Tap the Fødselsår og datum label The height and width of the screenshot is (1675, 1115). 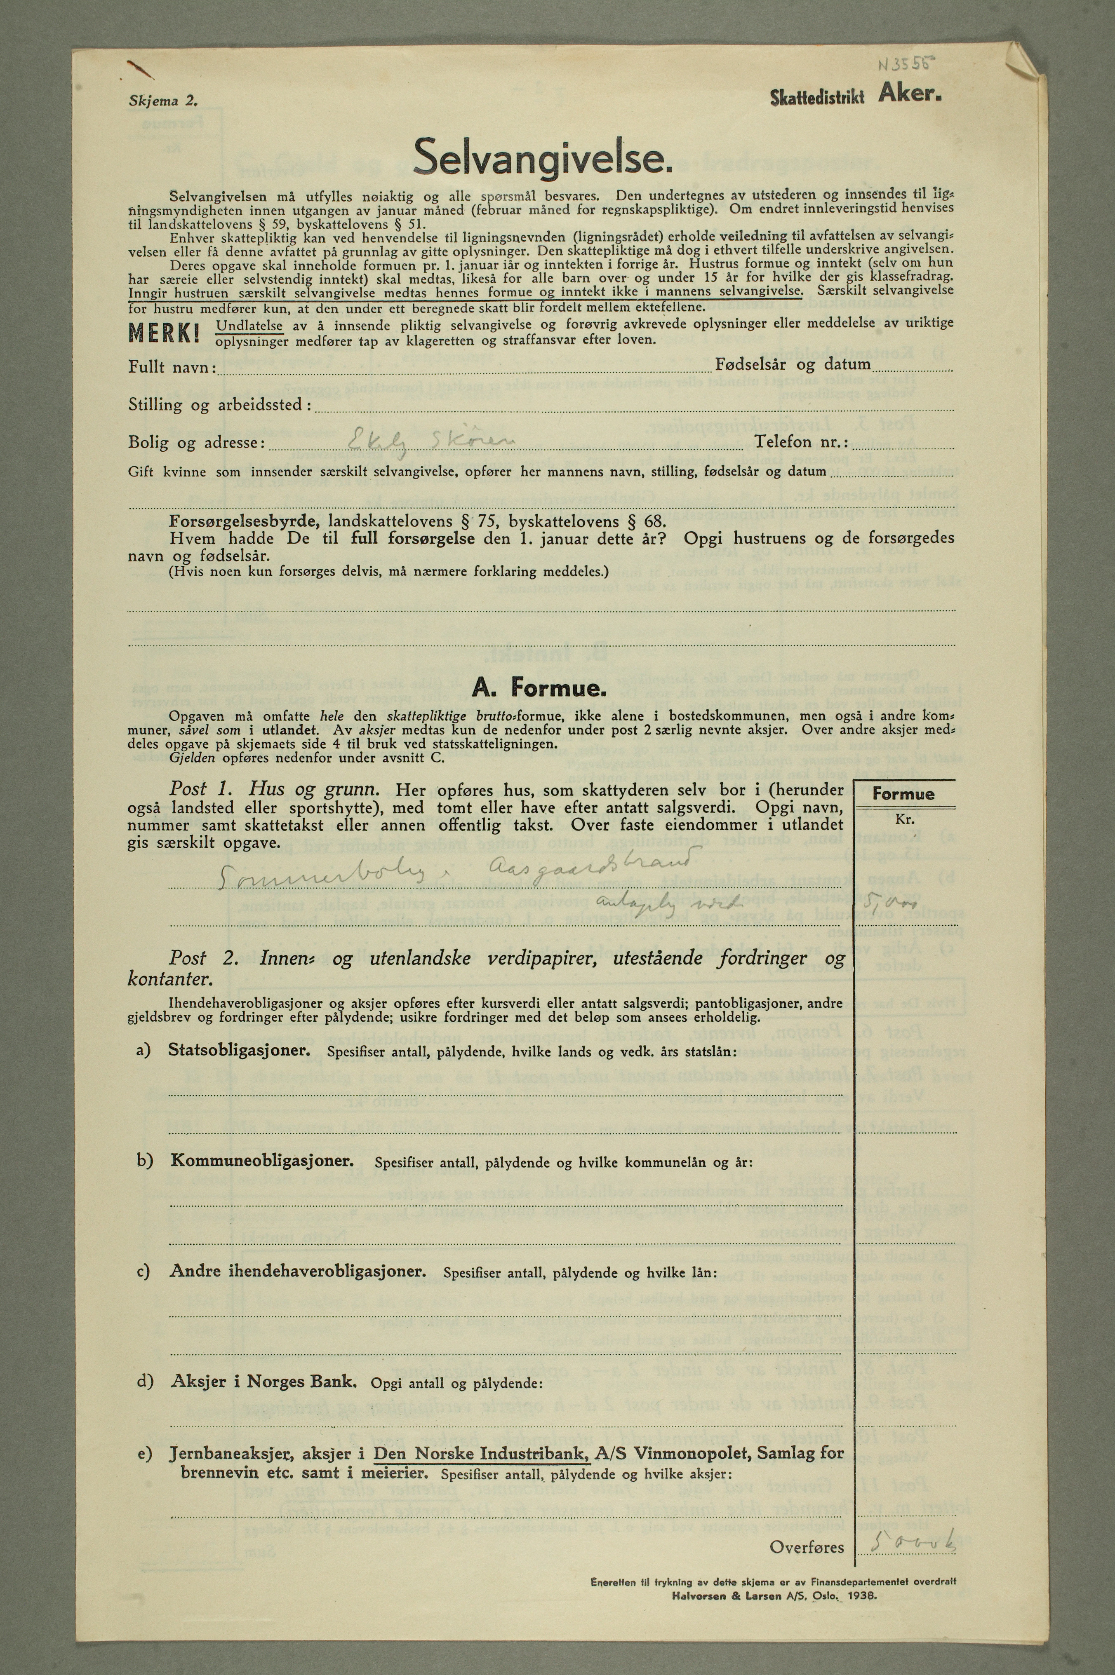click(792, 365)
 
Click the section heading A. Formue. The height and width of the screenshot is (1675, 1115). click(540, 688)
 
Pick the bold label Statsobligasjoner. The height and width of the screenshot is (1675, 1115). click(239, 1050)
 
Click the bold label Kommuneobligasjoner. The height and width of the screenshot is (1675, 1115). click(262, 1161)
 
